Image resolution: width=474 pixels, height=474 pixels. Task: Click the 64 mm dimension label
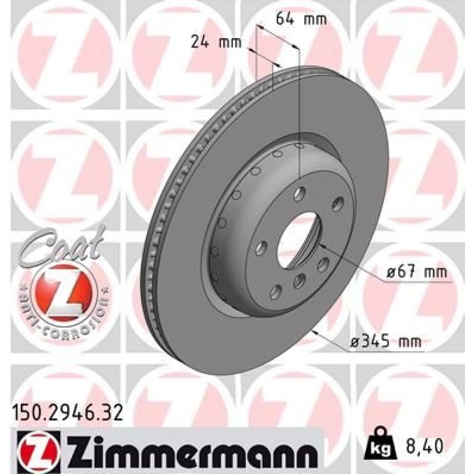point(301,19)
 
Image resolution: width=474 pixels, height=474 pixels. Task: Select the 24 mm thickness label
point(217,42)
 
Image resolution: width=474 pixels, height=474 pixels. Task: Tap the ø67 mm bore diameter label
point(417,272)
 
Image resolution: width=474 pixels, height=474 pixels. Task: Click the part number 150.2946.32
point(68,413)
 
